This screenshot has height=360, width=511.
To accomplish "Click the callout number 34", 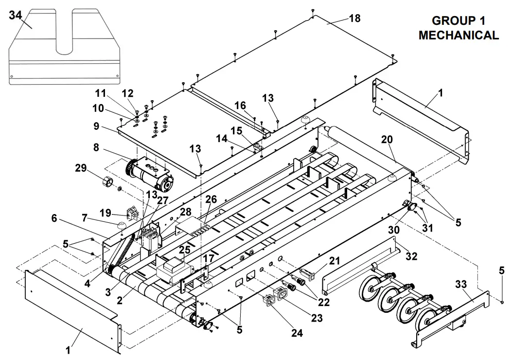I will coord(16,15).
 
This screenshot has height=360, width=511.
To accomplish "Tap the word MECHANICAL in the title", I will coord(458,35).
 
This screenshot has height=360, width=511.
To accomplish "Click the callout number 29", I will coord(81,168).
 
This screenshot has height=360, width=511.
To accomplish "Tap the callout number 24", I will coord(297,333).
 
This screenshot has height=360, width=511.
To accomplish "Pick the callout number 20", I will coord(387,139).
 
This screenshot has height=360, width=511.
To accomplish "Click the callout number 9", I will coord(96,126).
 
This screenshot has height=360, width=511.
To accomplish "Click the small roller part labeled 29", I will coord(106,182).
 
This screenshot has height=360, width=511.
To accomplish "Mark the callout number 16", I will coord(240,106).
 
